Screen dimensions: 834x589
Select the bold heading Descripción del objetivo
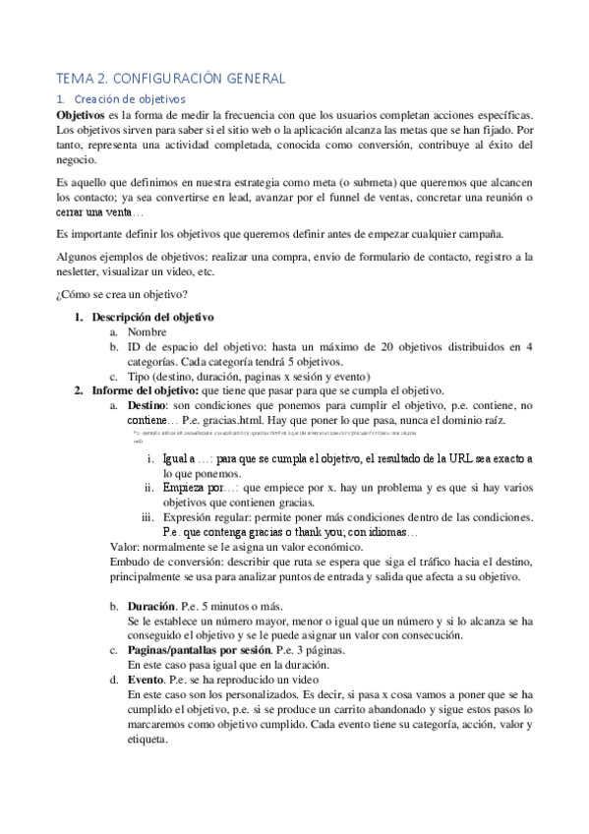coord(152,318)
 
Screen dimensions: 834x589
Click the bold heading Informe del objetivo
coord(145,390)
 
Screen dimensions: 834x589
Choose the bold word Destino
coord(147,405)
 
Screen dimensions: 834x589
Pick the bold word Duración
coord(152,606)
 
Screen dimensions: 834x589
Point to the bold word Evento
coord(147,680)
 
